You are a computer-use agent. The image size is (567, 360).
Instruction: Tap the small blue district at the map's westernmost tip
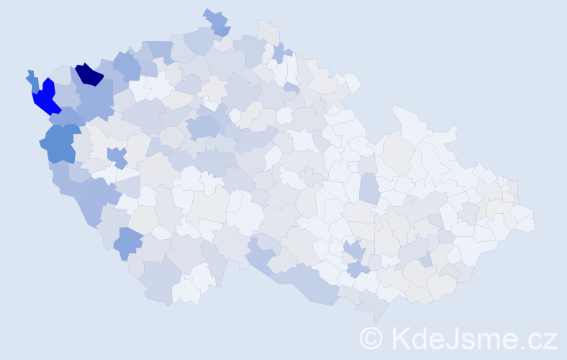[x=32, y=79]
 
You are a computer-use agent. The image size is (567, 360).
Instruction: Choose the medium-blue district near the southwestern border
[x=129, y=243]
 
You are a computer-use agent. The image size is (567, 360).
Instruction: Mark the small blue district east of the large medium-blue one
[x=117, y=156]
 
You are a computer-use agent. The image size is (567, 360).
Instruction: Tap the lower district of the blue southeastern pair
[x=358, y=269]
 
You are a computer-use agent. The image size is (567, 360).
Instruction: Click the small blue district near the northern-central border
[x=279, y=53]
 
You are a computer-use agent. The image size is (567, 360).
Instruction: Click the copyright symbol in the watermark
[x=371, y=338]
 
